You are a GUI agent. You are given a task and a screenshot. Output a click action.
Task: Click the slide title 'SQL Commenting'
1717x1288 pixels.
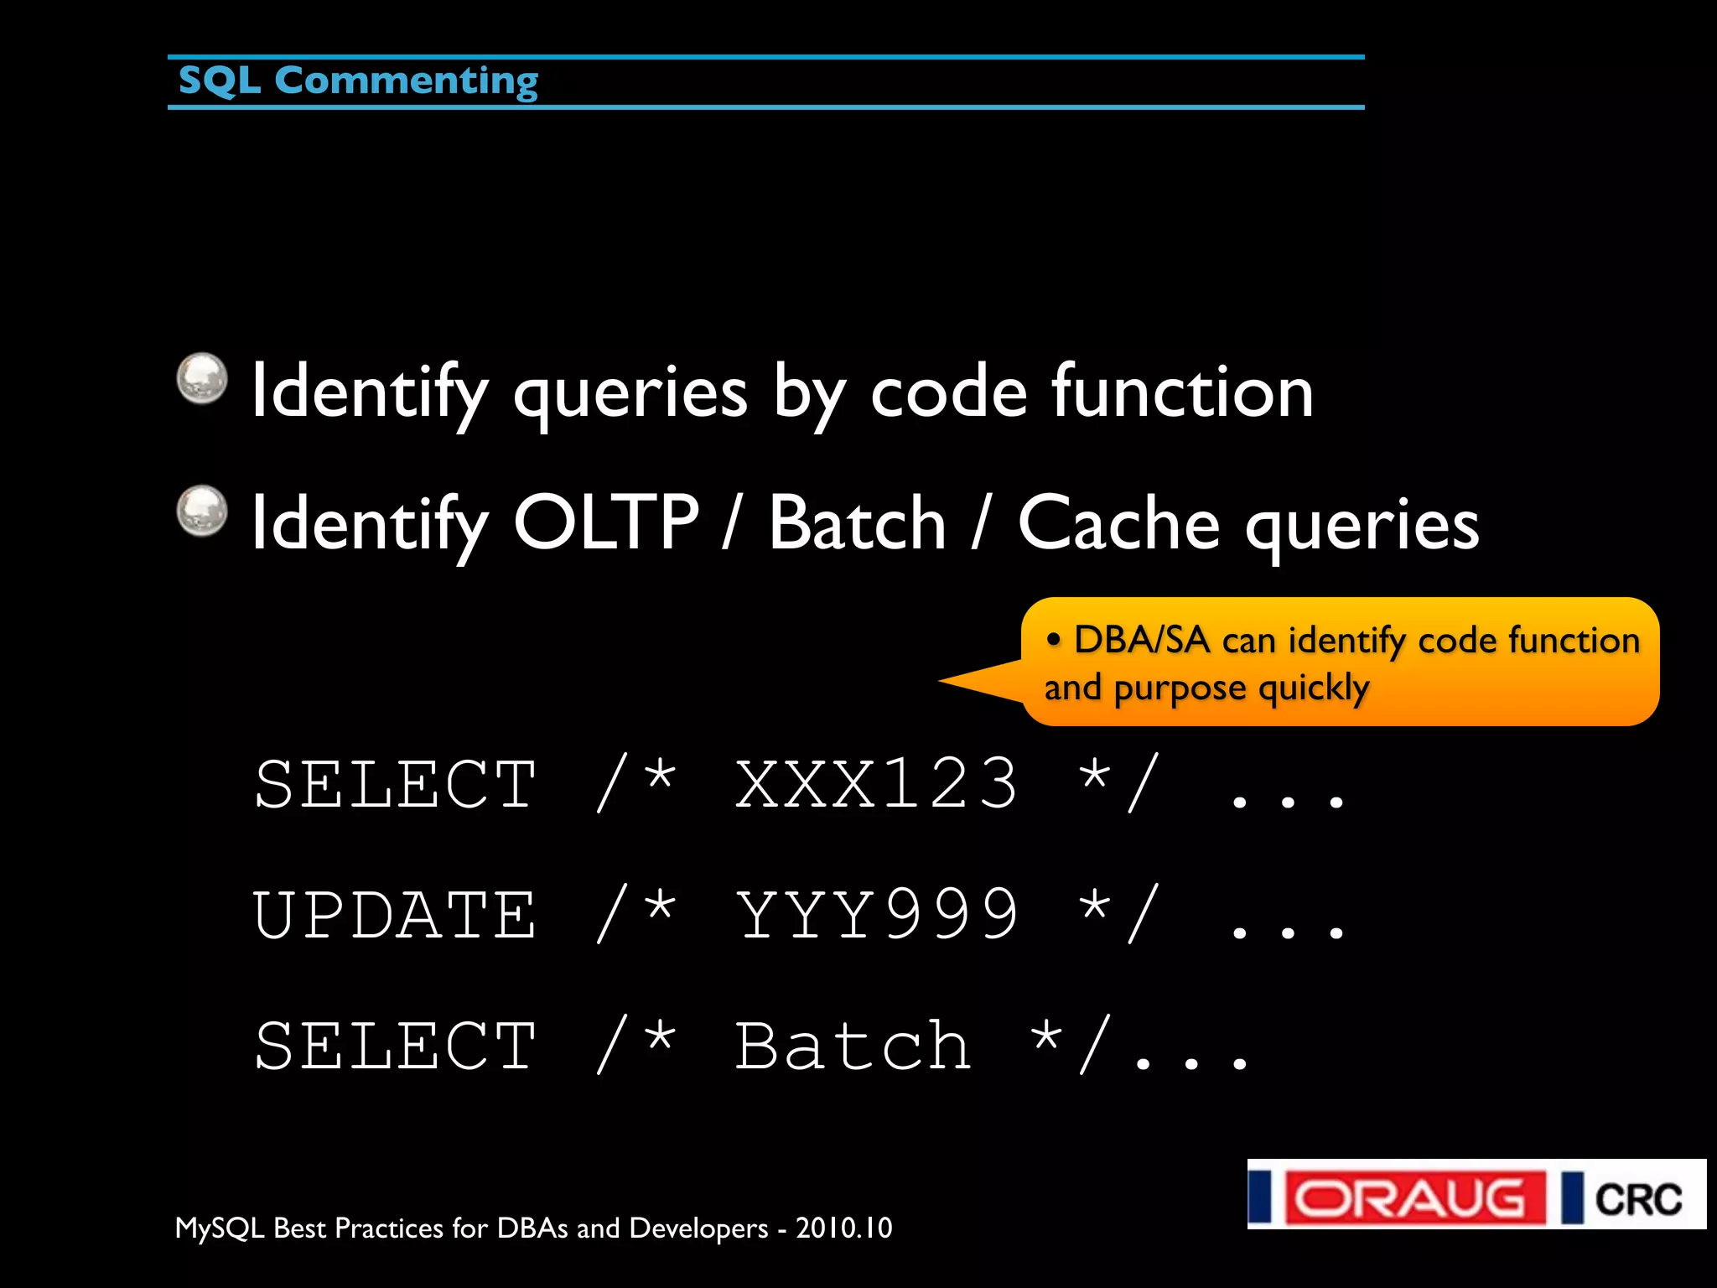click(x=358, y=81)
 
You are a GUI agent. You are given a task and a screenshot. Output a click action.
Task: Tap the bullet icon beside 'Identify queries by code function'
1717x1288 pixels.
click(x=202, y=378)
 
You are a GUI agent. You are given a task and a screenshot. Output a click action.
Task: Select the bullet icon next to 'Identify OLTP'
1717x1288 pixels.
click(x=202, y=510)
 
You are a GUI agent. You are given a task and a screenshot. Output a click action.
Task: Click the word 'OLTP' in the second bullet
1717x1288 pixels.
click(x=605, y=522)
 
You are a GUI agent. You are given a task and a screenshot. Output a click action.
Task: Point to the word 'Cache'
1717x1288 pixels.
click(x=1118, y=522)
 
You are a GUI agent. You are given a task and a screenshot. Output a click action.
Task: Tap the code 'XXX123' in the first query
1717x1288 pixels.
click(x=876, y=783)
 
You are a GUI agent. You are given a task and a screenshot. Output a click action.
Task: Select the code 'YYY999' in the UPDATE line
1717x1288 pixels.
click(x=876, y=914)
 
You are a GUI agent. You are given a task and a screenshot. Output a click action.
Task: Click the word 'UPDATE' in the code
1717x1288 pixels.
click(x=395, y=914)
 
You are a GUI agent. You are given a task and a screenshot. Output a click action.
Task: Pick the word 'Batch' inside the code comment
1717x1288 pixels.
click(x=853, y=1046)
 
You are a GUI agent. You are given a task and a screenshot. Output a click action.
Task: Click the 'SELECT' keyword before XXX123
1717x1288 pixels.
click(x=395, y=783)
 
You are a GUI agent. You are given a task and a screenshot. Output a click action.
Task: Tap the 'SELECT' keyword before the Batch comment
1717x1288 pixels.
click(x=395, y=1046)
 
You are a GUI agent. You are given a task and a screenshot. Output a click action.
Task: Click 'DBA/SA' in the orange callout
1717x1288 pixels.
click(x=1142, y=640)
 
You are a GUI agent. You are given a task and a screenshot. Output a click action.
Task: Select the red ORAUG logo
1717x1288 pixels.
click(x=1415, y=1197)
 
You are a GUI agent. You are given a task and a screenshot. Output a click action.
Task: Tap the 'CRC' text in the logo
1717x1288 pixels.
click(x=1638, y=1198)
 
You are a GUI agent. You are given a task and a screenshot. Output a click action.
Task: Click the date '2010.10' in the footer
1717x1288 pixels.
click(x=843, y=1228)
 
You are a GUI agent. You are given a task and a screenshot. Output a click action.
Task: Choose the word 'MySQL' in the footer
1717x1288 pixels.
click(x=220, y=1228)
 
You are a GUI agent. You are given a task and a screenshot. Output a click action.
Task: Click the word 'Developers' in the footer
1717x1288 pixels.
click(x=698, y=1228)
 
